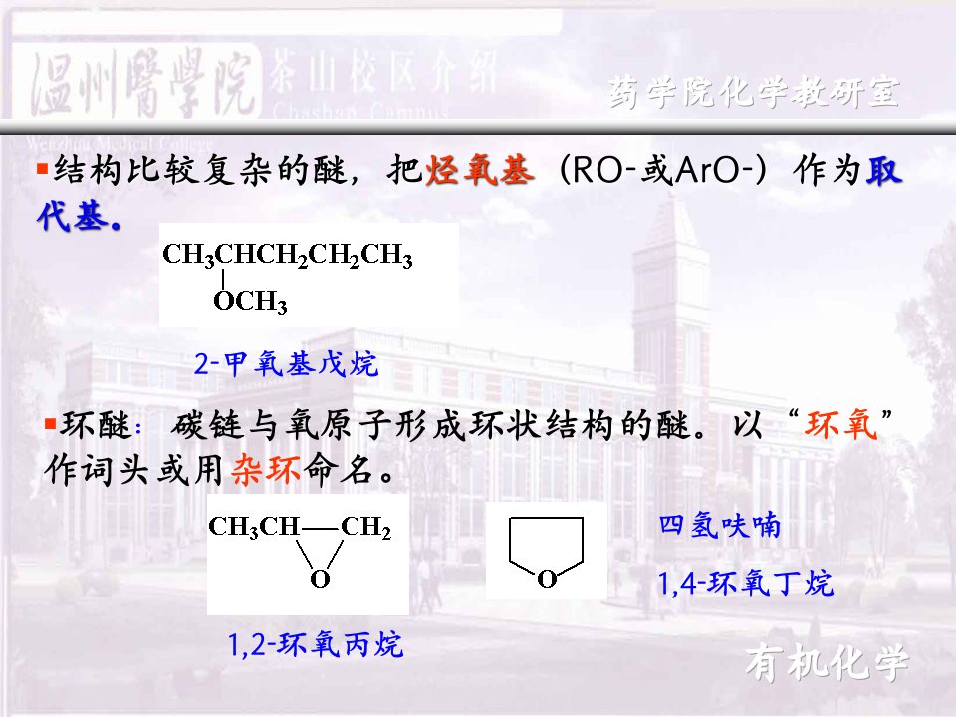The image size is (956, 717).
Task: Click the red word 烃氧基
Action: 480,170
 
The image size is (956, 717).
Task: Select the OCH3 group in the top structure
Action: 250,301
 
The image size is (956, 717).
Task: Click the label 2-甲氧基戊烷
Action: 286,364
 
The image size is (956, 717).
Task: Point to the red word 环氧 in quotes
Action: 841,425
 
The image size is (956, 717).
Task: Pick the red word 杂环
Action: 266,470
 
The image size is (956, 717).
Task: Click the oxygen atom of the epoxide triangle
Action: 320,579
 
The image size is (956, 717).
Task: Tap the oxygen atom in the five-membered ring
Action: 547,579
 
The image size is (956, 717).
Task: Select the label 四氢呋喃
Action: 719,526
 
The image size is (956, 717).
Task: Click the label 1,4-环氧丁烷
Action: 745,583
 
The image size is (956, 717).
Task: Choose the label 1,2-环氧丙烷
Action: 316,644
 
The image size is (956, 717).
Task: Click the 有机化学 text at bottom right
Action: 827,663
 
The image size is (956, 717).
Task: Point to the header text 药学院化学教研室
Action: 754,92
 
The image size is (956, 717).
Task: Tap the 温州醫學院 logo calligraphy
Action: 141,84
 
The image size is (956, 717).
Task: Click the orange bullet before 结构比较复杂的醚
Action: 42,168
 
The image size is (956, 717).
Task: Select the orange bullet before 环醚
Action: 51,423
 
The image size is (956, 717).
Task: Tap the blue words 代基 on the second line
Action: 79,216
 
